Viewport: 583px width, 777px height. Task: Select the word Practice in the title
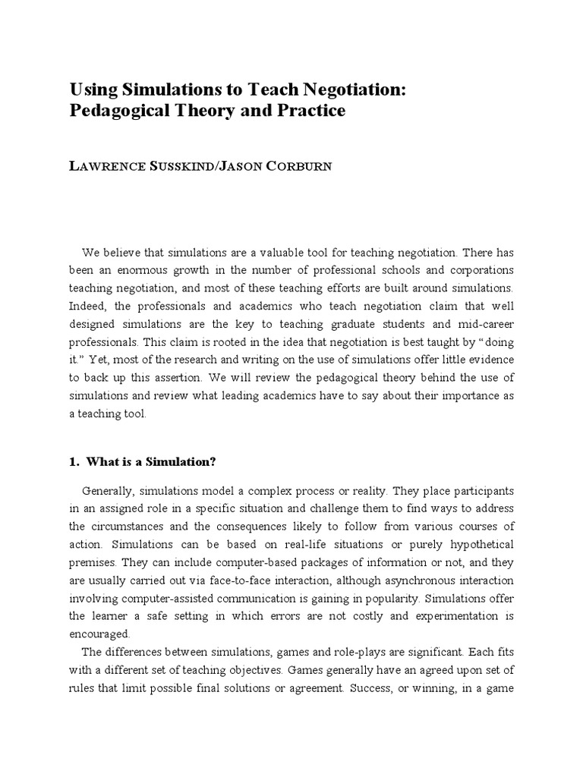point(310,111)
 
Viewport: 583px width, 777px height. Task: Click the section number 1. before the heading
point(74,460)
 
